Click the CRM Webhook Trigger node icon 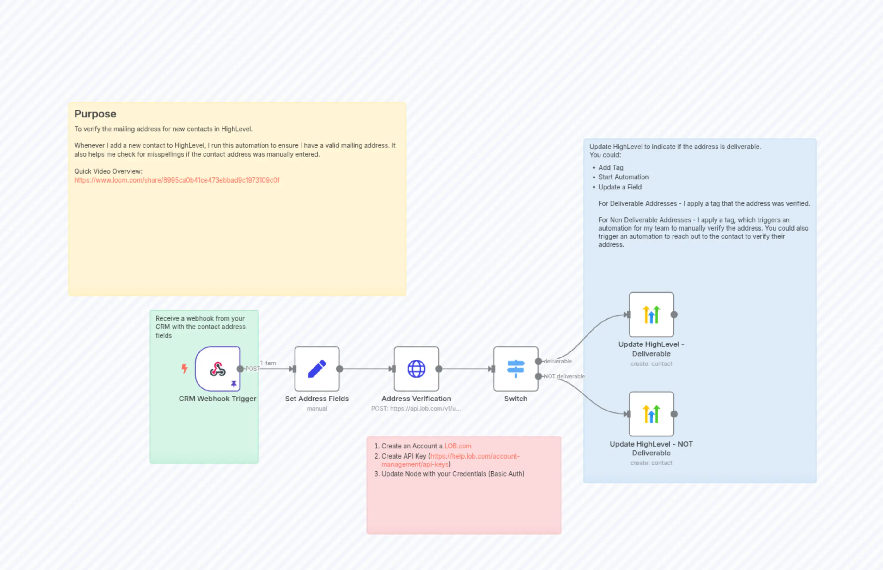217,369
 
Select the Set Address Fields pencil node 317,369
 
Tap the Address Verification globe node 416,369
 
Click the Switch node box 515,369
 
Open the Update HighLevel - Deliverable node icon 651,315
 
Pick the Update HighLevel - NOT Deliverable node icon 651,414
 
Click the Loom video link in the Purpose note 177,180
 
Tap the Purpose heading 95,114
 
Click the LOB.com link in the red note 458,446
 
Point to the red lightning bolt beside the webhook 184,368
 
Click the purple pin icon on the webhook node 234,384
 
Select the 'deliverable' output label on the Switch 558,361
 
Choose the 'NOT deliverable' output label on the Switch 564,376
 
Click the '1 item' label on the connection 268,363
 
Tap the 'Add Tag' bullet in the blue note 611,168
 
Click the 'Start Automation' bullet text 623,177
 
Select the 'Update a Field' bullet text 620,187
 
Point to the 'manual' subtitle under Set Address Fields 317,409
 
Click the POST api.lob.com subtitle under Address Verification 416,409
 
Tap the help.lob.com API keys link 474,456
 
